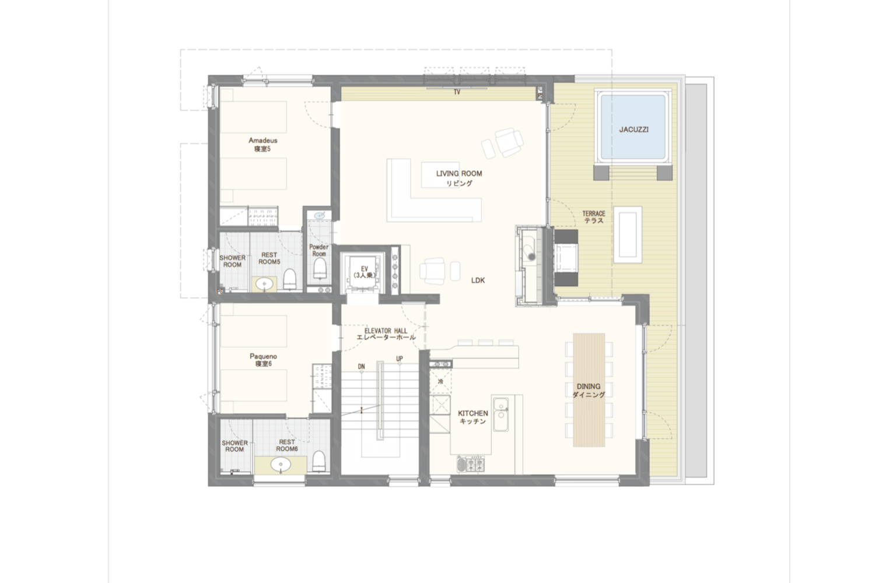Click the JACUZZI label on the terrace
633,129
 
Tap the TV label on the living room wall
457,93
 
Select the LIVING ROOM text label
459,173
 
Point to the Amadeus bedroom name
263,140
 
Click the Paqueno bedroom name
263,356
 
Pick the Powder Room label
318,250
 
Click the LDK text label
478,280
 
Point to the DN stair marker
361,366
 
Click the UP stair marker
399,359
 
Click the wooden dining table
589,389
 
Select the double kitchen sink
500,414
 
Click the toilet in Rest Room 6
318,462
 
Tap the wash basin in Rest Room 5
265,283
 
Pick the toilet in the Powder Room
320,268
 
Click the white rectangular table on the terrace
628,234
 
